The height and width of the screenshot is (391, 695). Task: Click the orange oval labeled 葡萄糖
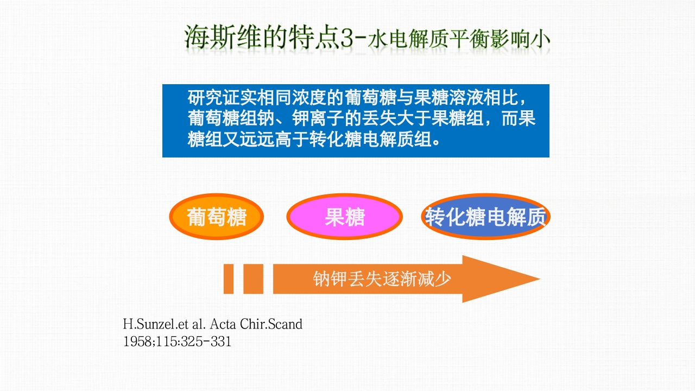[x=217, y=217]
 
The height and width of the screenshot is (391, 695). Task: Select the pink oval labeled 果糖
[x=344, y=217]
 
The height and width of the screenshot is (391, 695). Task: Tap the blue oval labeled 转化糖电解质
[x=485, y=217]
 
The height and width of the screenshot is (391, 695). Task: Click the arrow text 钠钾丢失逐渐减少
[x=382, y=279]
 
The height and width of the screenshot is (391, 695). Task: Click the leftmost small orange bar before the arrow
[x=229, y=279]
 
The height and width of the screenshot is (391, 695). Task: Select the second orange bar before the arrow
[x=253, y=279]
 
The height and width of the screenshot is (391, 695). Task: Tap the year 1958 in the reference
[x=136, y=342]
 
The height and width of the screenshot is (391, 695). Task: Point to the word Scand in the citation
[x=285, y=325]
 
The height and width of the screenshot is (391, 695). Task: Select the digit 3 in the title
[x=347, y=39]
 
